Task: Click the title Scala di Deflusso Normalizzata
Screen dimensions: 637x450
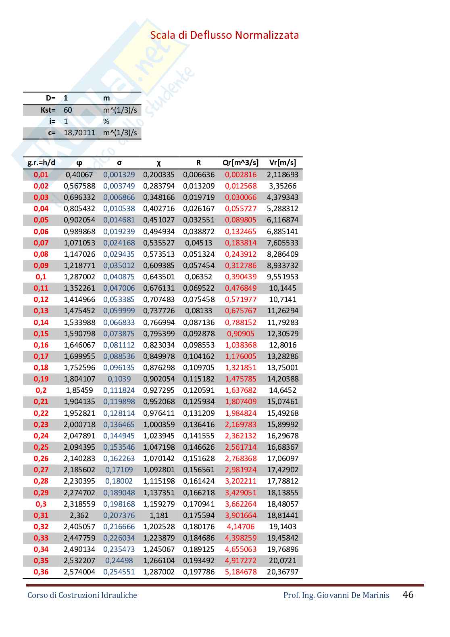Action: pos(224,35)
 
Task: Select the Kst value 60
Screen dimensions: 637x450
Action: pos(68,110)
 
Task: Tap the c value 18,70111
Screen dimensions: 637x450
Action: pos(79,133)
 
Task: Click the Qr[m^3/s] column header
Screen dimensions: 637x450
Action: pos(240,163)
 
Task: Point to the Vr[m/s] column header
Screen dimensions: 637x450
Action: pos(282,163)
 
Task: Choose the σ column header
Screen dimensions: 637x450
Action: pos(119,163)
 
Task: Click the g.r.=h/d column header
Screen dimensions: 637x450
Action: pos(41,163)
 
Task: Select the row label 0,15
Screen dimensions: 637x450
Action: pos(41,334)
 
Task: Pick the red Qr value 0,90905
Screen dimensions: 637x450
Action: pos(240,334)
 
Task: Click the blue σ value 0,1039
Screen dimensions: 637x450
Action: pos(119,379)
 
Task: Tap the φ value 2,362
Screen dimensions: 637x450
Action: pos(79,515)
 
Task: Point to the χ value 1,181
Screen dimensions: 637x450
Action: pos(158,515)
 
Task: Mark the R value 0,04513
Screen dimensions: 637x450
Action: pos(198,243)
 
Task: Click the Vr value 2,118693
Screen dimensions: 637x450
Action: pos(282,175)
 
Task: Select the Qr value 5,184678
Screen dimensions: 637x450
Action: pos(240,572)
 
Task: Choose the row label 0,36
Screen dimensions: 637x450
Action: pos(41,572)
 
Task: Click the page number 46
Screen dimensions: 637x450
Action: pos(408,595)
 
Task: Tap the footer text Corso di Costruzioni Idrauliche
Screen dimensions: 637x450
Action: pos(82,595)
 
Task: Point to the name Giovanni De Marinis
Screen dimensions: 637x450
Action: pos(353,595)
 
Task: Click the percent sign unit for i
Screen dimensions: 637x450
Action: pos(106,122)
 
